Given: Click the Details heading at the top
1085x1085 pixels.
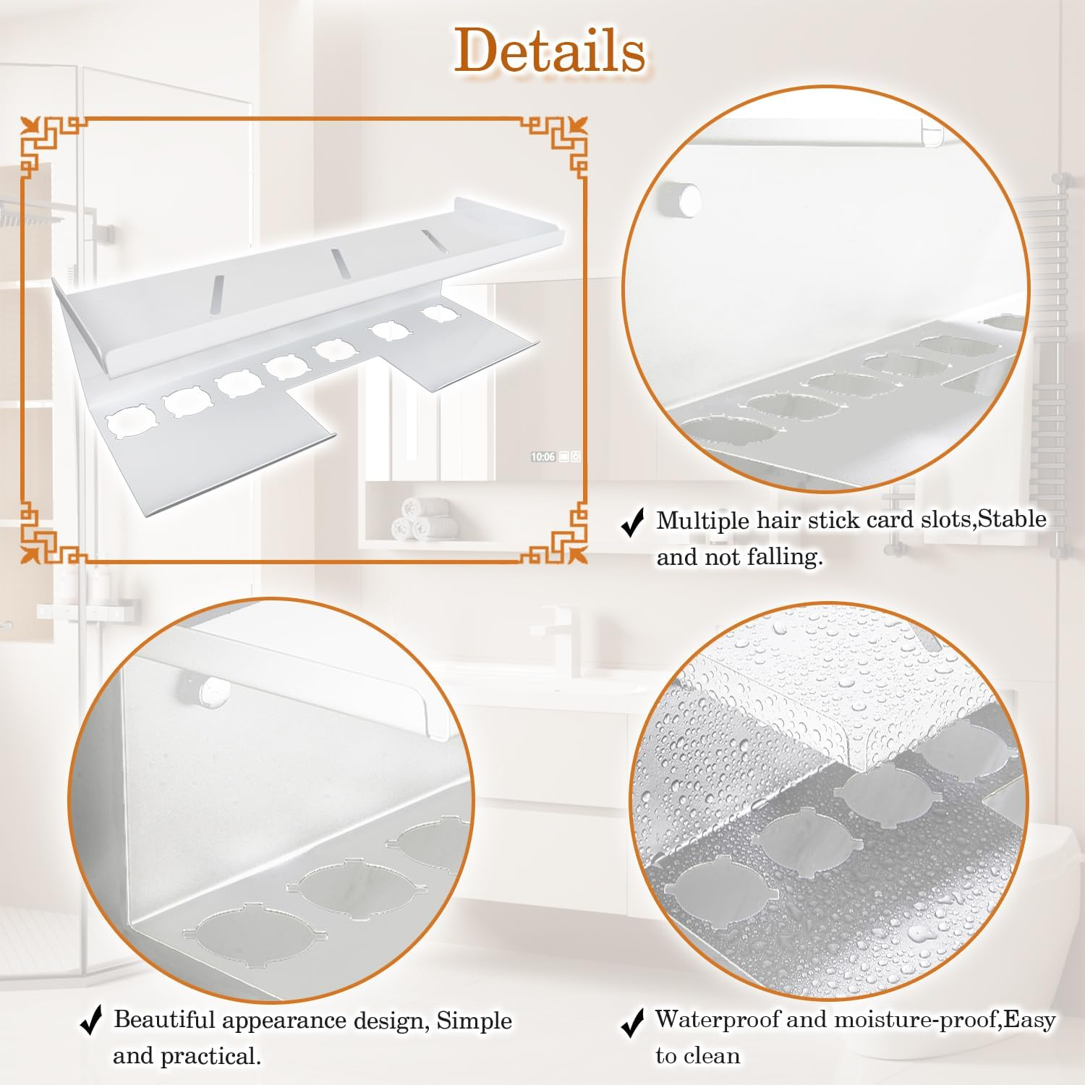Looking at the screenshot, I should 550,51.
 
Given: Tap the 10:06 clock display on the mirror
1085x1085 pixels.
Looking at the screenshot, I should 543,457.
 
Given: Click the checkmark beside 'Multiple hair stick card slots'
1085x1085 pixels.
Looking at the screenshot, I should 633,522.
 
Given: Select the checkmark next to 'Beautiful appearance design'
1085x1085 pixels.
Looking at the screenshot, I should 91,1021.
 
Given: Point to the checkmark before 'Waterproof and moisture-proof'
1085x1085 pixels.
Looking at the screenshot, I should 633,1023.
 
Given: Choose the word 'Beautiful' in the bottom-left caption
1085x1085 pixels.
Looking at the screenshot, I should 164,1020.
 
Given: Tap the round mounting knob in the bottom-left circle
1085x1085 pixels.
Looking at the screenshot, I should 205,688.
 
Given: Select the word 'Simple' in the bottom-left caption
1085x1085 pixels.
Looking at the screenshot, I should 474,1020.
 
